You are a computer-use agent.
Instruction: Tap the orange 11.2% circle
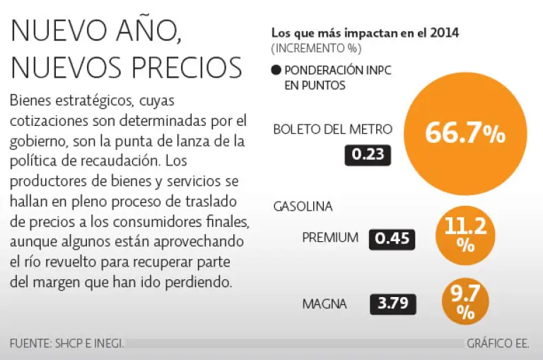(465, 235)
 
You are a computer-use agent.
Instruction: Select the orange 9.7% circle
(465, 302)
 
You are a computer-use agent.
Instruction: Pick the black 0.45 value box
(392, 238)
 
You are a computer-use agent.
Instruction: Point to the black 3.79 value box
(392, 304)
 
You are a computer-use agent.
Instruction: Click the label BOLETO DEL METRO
(332, 129)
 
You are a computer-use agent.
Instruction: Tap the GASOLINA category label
(303, 207)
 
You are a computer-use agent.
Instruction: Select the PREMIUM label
(330, 238)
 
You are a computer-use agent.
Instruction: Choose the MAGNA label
(325, 304)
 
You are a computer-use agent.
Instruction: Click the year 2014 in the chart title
(445, 33)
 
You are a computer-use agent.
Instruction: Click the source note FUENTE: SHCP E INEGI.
(67, 344)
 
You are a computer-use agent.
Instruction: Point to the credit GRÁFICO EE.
(498, 344)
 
